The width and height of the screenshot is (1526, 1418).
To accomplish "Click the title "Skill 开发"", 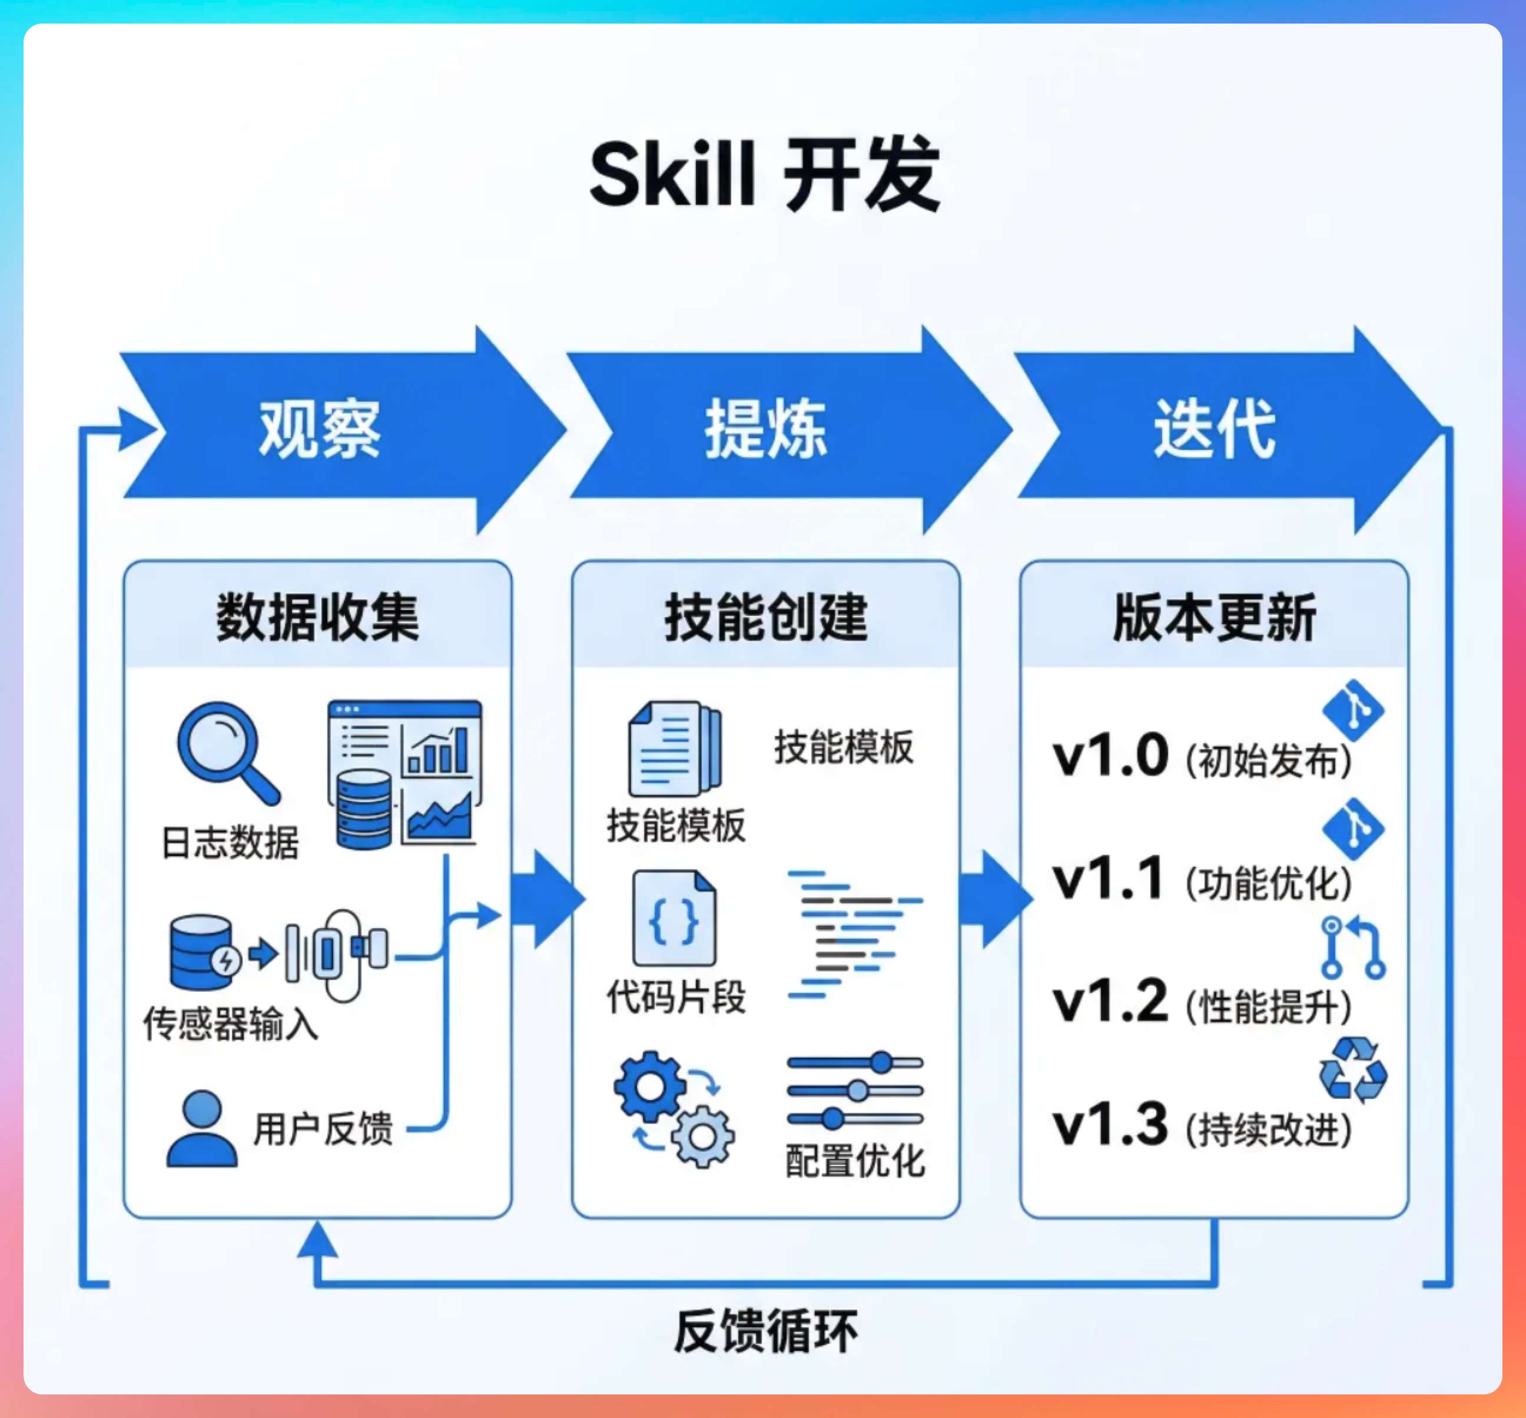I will (x=764, y=175).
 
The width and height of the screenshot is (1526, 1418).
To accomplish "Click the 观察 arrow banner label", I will (x=319, y=430).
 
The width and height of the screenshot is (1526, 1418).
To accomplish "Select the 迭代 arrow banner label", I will (x=1214, y=430).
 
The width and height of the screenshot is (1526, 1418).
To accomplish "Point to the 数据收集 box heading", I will (x=318, y=618).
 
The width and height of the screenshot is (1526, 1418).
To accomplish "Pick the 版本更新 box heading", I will (x=1214, y=618).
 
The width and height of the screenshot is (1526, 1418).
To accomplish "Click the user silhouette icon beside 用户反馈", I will (x=202, y=1129).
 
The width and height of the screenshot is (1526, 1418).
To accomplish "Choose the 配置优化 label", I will (x=855, y=1160).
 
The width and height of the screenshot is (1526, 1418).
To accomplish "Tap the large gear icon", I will (x=651, y=1086).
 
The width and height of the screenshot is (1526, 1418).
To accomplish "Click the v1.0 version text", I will (x=1110, y=757).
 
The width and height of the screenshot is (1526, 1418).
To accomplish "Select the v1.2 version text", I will (x=1110, y=1002).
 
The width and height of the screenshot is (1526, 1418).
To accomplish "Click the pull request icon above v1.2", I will (x=1352, y=947).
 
